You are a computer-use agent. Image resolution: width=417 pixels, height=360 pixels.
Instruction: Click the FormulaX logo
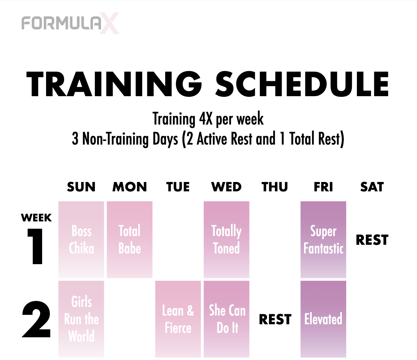pyautogui.click(x=70, y=23)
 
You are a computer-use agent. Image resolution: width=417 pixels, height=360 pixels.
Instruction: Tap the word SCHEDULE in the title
pyautogui.click(x=302, y=84)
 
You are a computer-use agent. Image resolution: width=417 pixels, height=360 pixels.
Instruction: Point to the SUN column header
pyautogui.click(x=81, y=187)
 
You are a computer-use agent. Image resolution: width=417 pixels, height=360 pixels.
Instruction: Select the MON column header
pyautogui.click(x=130, y=187)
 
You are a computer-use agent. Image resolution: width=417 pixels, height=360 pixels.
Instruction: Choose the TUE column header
pyautogui.click(x=178, y=187)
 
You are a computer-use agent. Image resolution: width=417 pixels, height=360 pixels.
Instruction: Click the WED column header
pyautogui.click(x=226, y=187)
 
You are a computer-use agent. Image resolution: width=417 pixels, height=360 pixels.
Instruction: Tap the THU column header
pyautogui.click(x=275, y=187)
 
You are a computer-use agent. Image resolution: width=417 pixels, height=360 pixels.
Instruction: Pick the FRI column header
pyautogui.click(x=323, y=187)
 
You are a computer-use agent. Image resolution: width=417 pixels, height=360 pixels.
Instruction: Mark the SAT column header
pyautogui.click(x=372, y=187)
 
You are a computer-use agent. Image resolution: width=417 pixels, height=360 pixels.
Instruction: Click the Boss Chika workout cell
pyautogui.click(x=81, y=239)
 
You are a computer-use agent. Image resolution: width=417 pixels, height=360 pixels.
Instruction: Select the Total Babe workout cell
pyautogui.click(x=130, y=239)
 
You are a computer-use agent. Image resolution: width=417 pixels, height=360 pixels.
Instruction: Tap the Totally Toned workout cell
pyautogui.click(x=226, y=239)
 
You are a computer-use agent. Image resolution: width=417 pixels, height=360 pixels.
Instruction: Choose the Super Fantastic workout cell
pyautogui.click(x=323, y=239)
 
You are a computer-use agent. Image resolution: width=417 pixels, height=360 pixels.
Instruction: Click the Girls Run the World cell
pyautogui.click(x=81, y=319)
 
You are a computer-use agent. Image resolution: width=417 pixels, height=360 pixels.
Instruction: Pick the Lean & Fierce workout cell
pyautogui.click(x=178, y=319)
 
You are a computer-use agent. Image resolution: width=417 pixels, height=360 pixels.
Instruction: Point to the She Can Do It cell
pyautogui.click(x=226, y=319)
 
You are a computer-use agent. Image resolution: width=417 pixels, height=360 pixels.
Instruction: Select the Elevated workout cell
pyautogui.click(x=323, y=319)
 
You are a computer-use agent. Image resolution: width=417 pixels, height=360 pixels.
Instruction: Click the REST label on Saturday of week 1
pyautogui.click(x=372, y=240)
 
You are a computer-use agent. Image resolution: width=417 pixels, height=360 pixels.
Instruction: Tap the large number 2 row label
pyautogui.click(x=36, y=319)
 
